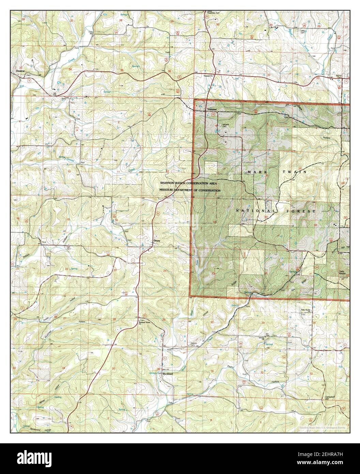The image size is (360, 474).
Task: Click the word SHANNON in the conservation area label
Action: point(168,183)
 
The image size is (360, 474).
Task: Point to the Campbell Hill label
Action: point(330,399)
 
